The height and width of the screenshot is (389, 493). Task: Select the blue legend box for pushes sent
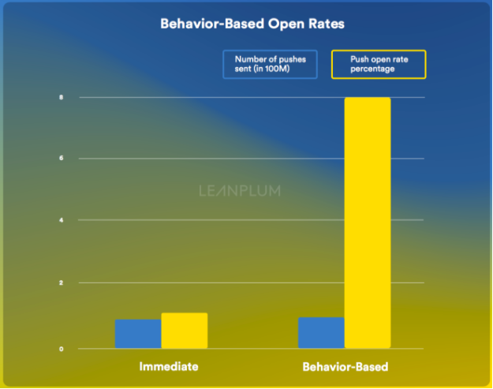(x=271, y=64)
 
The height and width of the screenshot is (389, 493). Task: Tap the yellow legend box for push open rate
(x=378, y=64)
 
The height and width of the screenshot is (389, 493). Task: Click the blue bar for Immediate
(x=138, y=333)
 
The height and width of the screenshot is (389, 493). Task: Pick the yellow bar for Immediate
(x=184, y=330)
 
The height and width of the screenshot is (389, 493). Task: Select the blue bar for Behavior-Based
(x=321, y=332)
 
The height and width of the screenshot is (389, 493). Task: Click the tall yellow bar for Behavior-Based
(x=368, y=222)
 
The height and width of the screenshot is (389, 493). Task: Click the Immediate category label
(x=168, y=367)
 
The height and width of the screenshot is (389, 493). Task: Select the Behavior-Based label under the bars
(x=345, y=368)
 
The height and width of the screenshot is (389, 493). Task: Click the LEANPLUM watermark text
(x=239, y=190)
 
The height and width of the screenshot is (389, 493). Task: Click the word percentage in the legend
(x=374, y=69)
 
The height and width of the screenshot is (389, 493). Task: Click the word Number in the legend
(x=249, y=58)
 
